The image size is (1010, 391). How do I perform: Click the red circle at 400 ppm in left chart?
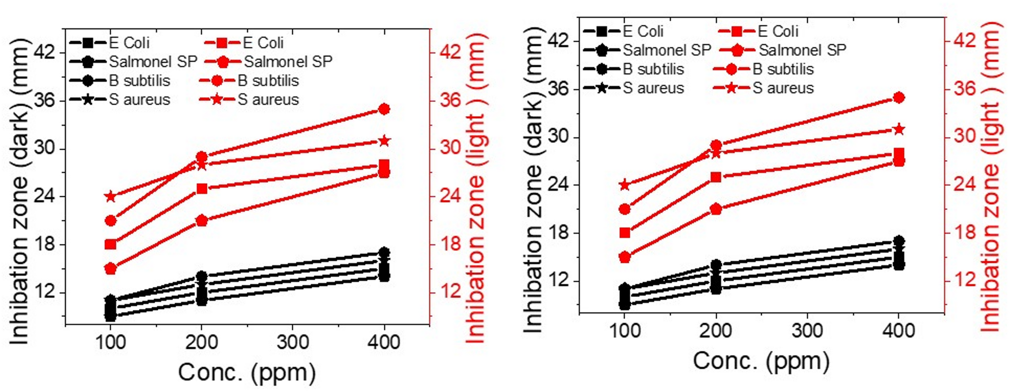tap(384, 109)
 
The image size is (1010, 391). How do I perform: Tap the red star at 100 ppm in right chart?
tap(625, 185)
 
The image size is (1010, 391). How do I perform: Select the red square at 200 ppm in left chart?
tap(202, 189)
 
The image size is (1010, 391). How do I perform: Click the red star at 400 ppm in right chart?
tap(899, 130)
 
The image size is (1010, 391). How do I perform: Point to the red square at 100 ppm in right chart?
tap(625, 233)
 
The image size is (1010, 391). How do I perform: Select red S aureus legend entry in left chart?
tap(249, 100)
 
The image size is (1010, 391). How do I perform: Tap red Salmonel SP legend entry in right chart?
tap(783, 50)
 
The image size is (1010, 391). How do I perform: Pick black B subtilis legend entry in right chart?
tap(634, 69)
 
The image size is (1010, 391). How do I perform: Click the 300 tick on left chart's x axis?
tap(293, 343)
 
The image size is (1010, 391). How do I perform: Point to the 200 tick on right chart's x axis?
tap(716, 331)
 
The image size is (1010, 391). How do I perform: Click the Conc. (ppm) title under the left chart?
tap(247, 373)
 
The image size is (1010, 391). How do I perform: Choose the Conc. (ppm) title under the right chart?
tap(761, 361)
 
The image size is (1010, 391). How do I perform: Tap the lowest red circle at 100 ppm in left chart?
tap(111, 269)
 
